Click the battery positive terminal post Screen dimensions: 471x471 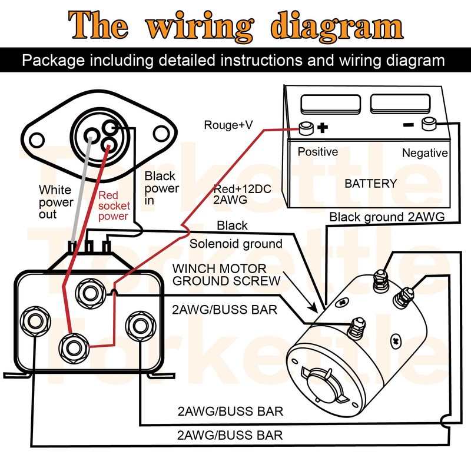(x=307, y=127)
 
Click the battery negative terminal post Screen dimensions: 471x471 (x=428, y=124)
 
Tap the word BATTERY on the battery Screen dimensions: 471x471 (x=371, y=184)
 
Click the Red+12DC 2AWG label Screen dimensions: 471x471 (x=235, y=194)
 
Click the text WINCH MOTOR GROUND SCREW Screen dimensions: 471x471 (x=226, y=275)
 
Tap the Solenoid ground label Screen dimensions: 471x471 (x=235, y=244)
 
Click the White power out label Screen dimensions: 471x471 (x=56, y=202)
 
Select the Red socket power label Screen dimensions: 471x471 (x=113, y=205)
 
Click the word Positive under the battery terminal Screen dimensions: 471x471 (x=317, y=152)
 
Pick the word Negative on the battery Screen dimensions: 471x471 (x=424, y=153)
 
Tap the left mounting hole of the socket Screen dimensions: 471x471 (x=37, y=140)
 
